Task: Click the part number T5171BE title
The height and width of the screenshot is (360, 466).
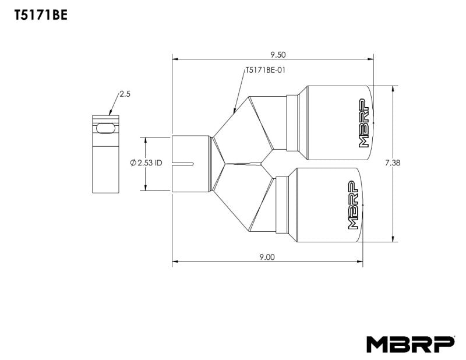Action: (41, 16)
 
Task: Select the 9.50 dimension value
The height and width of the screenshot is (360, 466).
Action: (278, 55)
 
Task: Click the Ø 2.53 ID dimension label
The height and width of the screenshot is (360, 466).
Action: (147, 164)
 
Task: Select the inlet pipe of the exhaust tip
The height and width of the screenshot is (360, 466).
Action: (190, 164)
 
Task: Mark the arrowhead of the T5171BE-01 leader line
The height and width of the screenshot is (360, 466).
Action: (234, 111)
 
